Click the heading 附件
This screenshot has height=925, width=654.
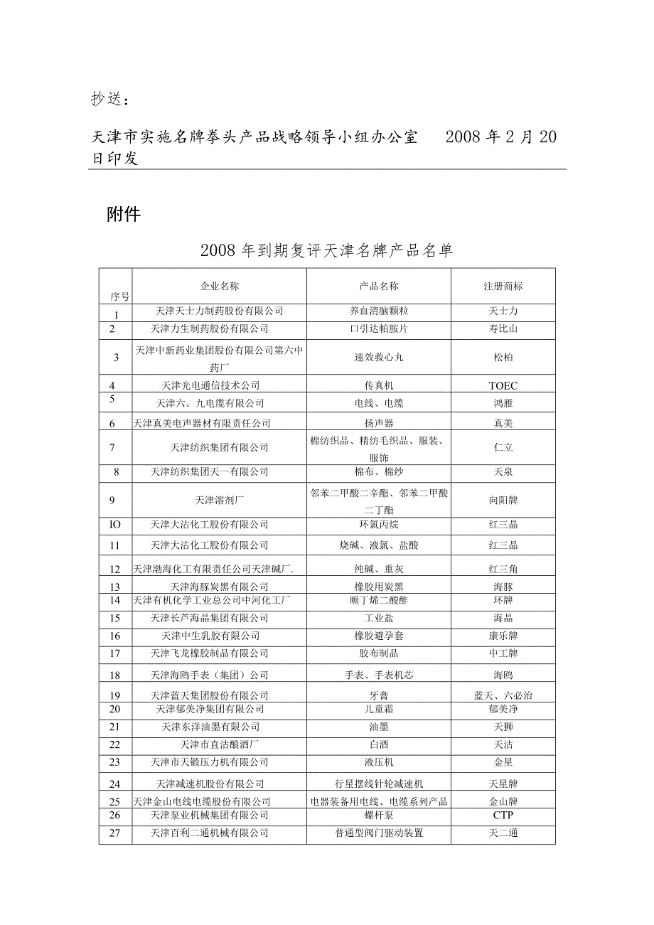[124, 214]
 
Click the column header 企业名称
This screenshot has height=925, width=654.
[219, 286]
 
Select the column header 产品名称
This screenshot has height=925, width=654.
[379, 286]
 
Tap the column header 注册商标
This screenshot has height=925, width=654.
[503, 286]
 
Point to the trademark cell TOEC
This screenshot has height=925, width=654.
[503, 385]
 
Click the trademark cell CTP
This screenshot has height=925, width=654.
[503, 815]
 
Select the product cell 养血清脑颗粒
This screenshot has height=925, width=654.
[379, 311]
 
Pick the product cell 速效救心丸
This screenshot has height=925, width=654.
[379, 357]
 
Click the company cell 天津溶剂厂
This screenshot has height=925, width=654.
[219, 500]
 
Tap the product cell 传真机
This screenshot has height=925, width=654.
[379, 385]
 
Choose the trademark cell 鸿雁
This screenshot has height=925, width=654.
[503, 403]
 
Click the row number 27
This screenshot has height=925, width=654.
[115, 833]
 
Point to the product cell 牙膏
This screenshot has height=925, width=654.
[379, 695]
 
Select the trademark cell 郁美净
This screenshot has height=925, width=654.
[503, 709]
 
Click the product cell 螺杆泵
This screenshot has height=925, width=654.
[379, 815]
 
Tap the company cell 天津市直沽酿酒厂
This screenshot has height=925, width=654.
[219, 744]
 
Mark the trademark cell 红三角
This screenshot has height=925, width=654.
[503, 569]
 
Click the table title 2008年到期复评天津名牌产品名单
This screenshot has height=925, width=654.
[326, 250]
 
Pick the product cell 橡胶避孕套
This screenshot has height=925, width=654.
[379, 636]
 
